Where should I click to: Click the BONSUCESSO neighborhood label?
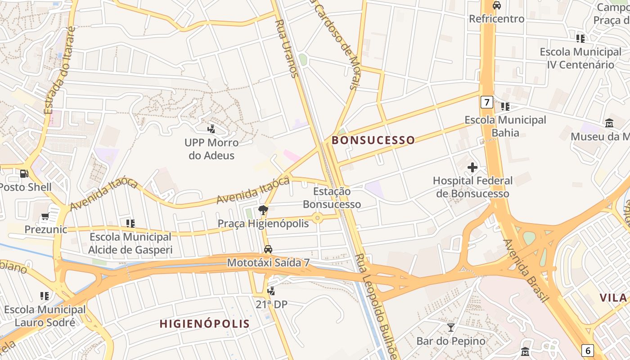(373, 140)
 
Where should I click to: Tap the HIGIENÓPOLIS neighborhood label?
(205, 324)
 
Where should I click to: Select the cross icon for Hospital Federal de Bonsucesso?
(472, 168)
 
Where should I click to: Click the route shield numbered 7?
(486, 102)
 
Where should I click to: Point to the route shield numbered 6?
(587, 350)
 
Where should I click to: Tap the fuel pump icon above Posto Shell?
(24, 174)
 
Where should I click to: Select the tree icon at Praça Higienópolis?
(263, 210)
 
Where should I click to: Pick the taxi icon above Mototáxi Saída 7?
(268, 249)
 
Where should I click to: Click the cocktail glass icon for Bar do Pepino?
(450, 328)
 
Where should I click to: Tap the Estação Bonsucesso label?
(332, 198)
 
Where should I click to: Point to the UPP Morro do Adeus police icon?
(211, 129)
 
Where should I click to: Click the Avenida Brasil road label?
(526, 270)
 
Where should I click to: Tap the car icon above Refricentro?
(497, 5)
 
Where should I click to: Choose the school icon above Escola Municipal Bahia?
(505, 107)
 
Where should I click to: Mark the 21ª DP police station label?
(271, 305)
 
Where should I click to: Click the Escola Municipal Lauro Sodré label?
(45, 316)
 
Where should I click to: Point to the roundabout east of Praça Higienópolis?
(318, 218)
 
